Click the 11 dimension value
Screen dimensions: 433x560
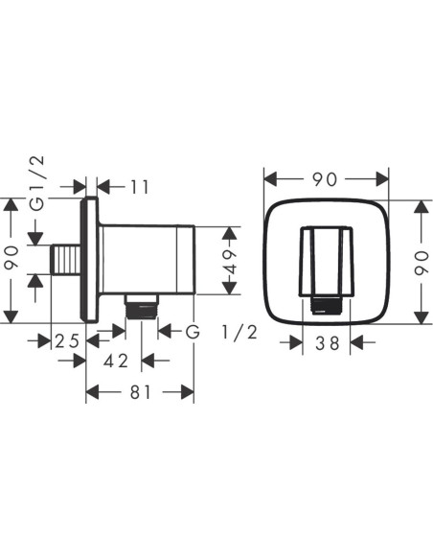point(140,187)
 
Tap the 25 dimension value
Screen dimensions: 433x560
point(67,341)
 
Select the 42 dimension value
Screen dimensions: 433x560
point(116,362)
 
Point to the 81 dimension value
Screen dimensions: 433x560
point(141,392)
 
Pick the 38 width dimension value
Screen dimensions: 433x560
point(327,343)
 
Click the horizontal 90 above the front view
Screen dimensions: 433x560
point(326,179)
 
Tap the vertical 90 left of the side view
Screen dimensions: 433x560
point(11,257)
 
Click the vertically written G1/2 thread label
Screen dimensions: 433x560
point(36,183)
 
